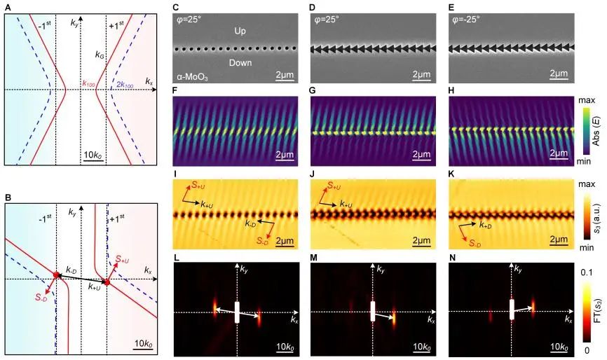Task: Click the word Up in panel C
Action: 236,30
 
